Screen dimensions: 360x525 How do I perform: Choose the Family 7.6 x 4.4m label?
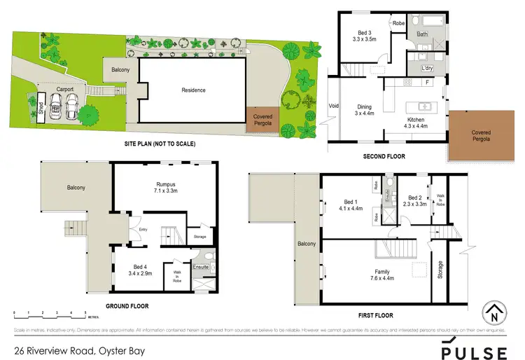coord(382,275)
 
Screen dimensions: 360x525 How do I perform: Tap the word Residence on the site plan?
coord(193,90)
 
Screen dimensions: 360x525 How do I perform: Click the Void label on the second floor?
coord(334,106)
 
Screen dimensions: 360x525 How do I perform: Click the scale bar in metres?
coord(49,314)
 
